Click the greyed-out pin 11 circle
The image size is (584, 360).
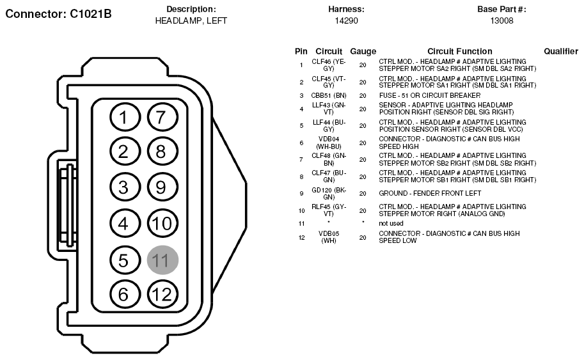coord(162,260)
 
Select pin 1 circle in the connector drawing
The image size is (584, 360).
coord(125,117)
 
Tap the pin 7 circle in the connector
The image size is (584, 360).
coord(162,117)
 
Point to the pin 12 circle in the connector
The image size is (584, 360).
coord(162,294)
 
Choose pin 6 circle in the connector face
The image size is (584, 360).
coord(125,294)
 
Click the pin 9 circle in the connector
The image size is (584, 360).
coord(162,187)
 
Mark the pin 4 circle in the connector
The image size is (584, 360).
coord(125,223)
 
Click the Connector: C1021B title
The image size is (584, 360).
coord(58,14)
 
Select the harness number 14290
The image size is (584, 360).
coord(347,21)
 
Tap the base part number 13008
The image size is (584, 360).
coord(501,21)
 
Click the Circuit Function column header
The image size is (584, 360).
coord(460,51)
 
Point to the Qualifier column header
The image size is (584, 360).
coord(561,51)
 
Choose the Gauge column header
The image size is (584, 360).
coord(363,51)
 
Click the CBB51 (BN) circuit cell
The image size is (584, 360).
coord(329,96)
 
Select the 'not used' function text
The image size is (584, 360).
coord(391,223)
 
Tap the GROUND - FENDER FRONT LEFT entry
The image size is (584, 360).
coord(430,194)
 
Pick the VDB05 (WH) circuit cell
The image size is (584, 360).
coord(329,237)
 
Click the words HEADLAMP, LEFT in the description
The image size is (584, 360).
coord(191,21)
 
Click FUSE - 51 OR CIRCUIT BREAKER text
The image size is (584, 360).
coord(430,96)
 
